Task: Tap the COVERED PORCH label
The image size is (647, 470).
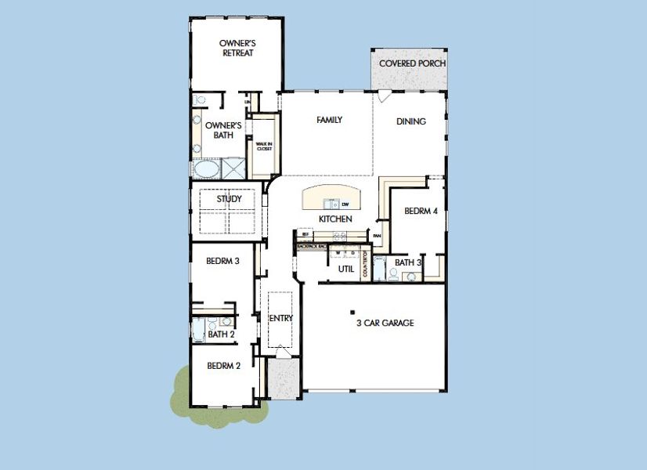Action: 412,63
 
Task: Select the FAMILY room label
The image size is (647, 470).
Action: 330,120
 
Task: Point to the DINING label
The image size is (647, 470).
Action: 410,121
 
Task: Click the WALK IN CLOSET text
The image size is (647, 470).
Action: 263,146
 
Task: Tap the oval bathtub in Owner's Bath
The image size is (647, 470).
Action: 207,168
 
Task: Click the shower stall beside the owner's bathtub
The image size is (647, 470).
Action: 233,168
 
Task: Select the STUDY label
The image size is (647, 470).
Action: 229,199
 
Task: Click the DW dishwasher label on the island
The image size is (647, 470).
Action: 345,204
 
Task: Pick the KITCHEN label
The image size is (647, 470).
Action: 334,219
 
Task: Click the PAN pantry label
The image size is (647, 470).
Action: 377,235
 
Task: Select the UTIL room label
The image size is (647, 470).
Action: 345,269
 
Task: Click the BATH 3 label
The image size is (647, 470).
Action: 408,262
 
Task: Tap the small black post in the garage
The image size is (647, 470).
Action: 352,309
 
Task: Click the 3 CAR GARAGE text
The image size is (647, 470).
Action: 385,323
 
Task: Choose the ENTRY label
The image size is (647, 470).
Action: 280,318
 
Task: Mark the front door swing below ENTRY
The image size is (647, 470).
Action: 280,354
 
